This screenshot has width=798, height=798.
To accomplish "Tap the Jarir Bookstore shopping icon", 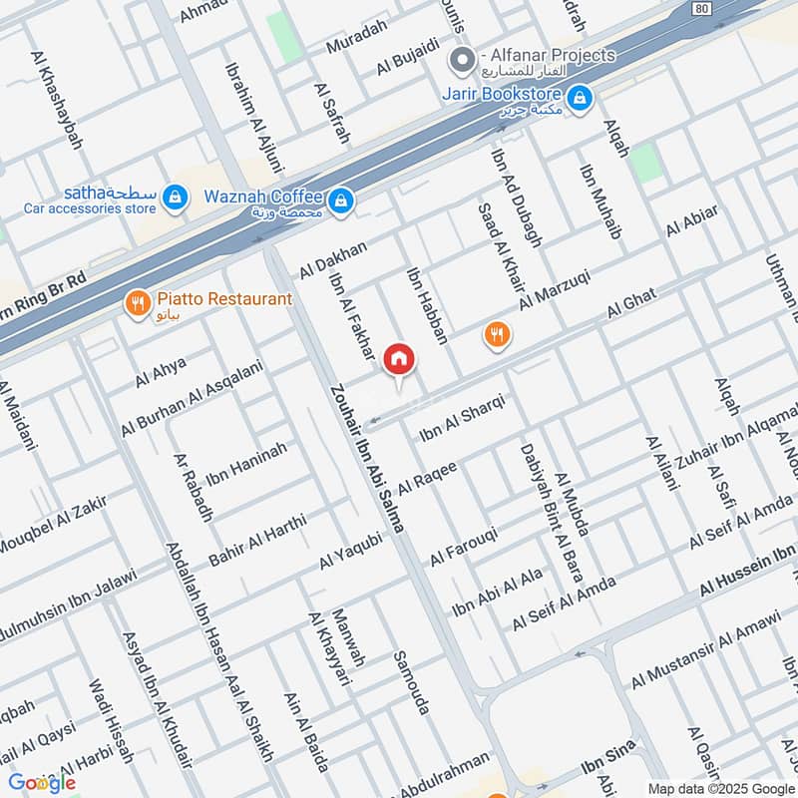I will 579,98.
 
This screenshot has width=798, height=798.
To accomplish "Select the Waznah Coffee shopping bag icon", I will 341,200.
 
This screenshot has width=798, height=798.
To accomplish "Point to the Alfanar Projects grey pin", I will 461,61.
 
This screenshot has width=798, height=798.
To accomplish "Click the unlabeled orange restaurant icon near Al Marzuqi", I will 497,335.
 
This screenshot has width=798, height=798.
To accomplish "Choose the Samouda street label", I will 412,682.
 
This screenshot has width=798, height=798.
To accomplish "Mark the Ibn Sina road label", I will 602,770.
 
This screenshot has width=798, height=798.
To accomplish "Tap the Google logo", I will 42,783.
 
